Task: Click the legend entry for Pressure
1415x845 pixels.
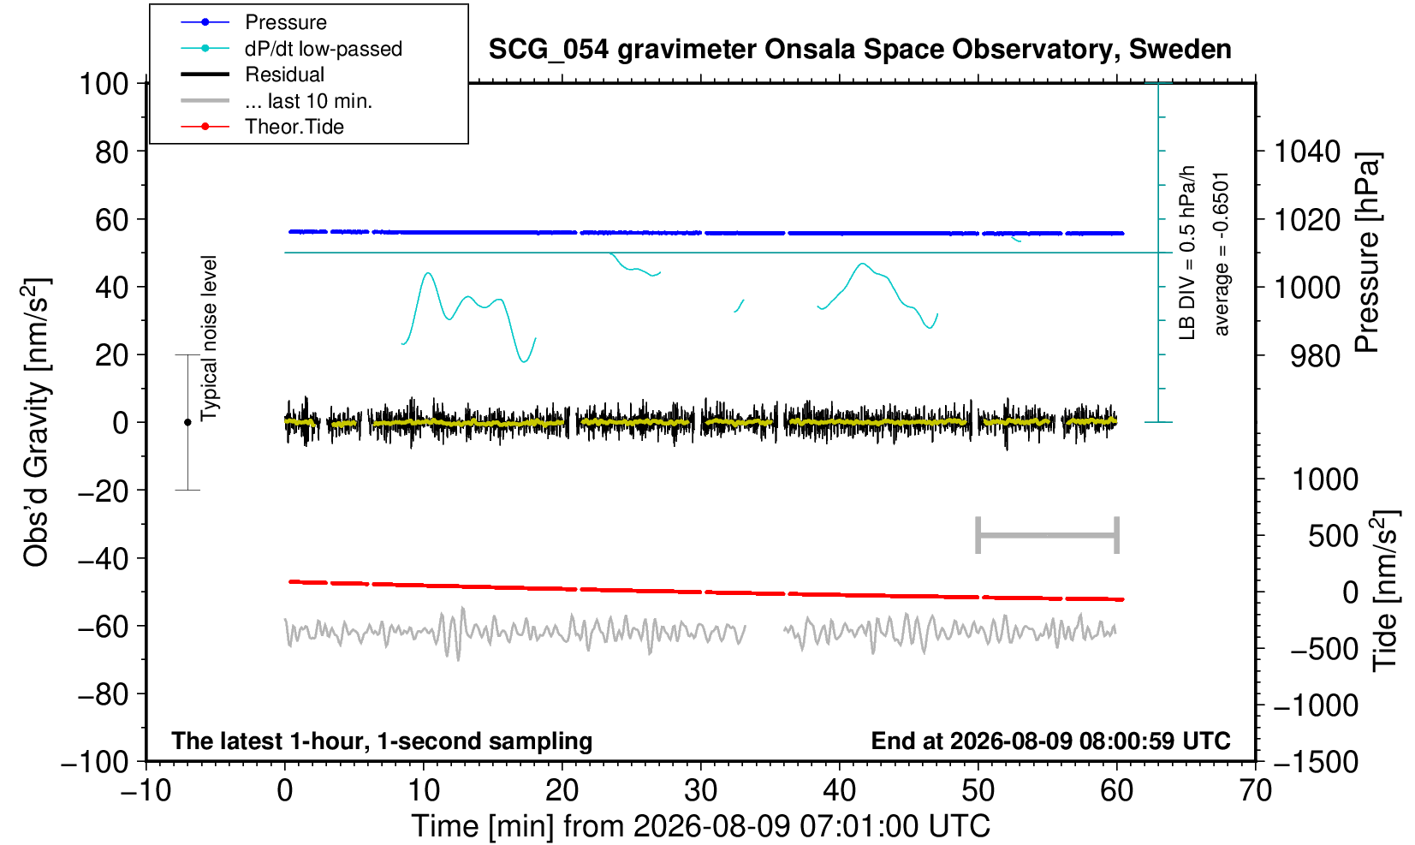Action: (286, 23)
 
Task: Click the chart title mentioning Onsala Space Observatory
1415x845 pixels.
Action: (859, 50)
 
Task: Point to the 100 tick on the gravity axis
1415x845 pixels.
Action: (104, 84)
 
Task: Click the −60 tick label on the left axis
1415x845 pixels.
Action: (103, 627)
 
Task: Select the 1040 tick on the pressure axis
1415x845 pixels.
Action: (1307, 152)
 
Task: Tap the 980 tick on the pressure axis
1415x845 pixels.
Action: (1315, 356)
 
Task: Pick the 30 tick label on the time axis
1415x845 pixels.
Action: (700, 791)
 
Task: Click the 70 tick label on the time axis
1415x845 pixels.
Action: (1255, 791)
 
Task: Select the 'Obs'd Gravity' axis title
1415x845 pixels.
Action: (36, 422)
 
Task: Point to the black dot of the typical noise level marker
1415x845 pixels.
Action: (187, 422)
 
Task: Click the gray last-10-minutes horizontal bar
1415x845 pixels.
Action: (1048, 535)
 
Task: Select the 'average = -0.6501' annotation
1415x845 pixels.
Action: (1222, 253)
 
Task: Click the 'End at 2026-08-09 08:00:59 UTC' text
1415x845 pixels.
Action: (1050, 741)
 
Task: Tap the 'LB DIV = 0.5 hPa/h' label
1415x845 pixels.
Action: (1187, 253)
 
